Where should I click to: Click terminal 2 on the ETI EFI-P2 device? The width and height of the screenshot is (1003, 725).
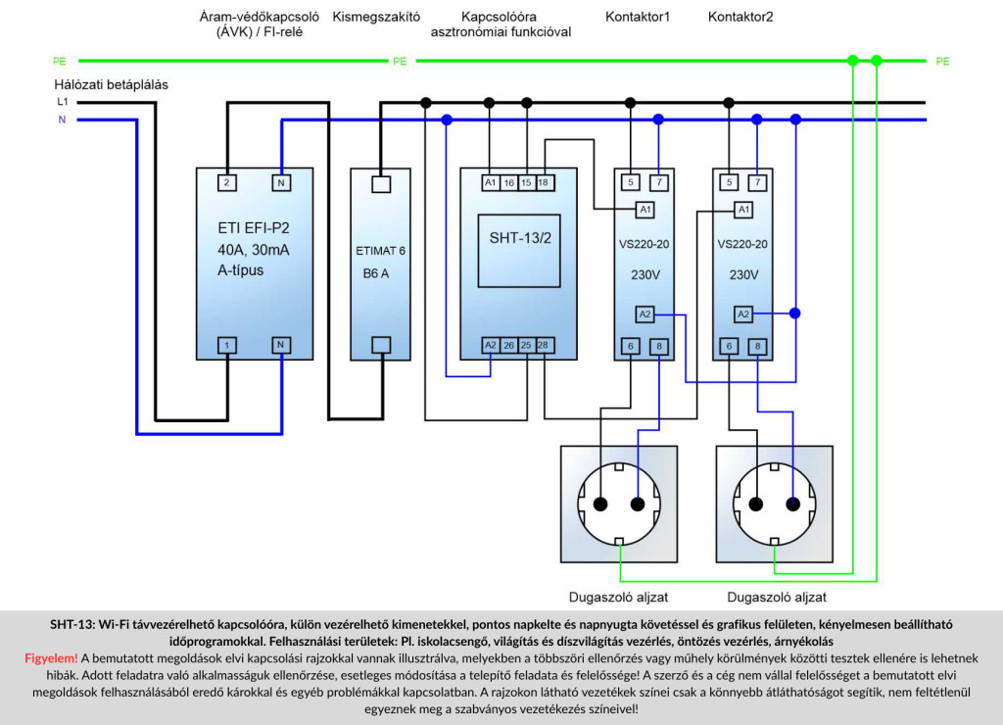pos(226,183)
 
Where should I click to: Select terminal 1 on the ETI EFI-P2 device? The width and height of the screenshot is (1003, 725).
pos(226,346)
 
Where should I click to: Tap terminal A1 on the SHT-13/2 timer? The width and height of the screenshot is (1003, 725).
pos(490,183)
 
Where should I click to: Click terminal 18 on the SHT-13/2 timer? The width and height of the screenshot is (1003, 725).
pos(543,183)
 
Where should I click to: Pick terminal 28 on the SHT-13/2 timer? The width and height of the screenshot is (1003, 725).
pos(543,346)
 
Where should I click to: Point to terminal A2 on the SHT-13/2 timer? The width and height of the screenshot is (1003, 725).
pos(490,346)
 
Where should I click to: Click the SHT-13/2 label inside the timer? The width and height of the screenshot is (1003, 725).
pos(520,238)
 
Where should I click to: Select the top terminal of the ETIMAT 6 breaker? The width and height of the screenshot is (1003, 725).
pos(381,184)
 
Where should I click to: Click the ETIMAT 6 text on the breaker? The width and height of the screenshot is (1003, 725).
pos(381,251)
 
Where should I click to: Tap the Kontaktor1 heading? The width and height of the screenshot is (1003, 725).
pos(637,17)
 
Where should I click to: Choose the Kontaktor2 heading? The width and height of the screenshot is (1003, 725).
pos(740,17)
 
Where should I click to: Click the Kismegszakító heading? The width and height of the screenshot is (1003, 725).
pos(376,17)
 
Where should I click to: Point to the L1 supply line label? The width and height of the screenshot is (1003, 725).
pos(62,102)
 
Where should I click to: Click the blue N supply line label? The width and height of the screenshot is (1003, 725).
pos(62,120)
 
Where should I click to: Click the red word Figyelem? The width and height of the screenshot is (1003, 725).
pos(51,657)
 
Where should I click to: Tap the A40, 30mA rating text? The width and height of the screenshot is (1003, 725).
pos(254,250)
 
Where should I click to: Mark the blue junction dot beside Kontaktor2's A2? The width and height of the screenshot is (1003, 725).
pos(794,314)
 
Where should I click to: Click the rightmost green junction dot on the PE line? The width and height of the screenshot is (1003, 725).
pos(877,61)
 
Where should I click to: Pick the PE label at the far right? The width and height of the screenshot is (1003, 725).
pos(942,62)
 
